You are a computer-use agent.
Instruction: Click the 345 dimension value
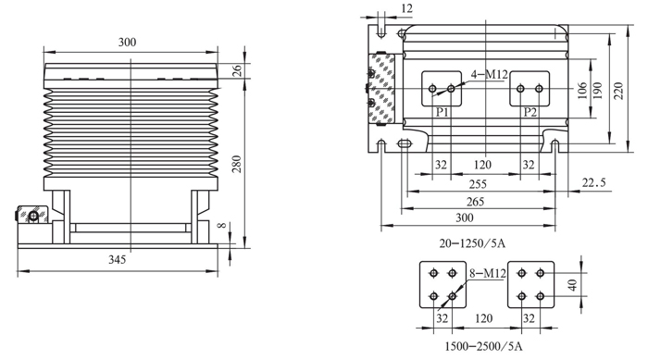pos(117,259)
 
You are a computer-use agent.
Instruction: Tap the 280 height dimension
pos(236,164)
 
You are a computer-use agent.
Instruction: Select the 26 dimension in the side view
pos(237,70)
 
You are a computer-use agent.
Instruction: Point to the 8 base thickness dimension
pos(222,225)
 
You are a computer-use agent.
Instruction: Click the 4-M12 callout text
pos(490,74)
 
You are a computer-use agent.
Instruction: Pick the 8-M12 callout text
pos(488,273)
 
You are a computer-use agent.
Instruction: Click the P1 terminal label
pos(442,112)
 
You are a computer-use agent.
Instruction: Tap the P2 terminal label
pos(530,112)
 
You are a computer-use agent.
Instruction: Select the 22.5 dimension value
pos(594,182)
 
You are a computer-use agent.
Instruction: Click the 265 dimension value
pos(475,202)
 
